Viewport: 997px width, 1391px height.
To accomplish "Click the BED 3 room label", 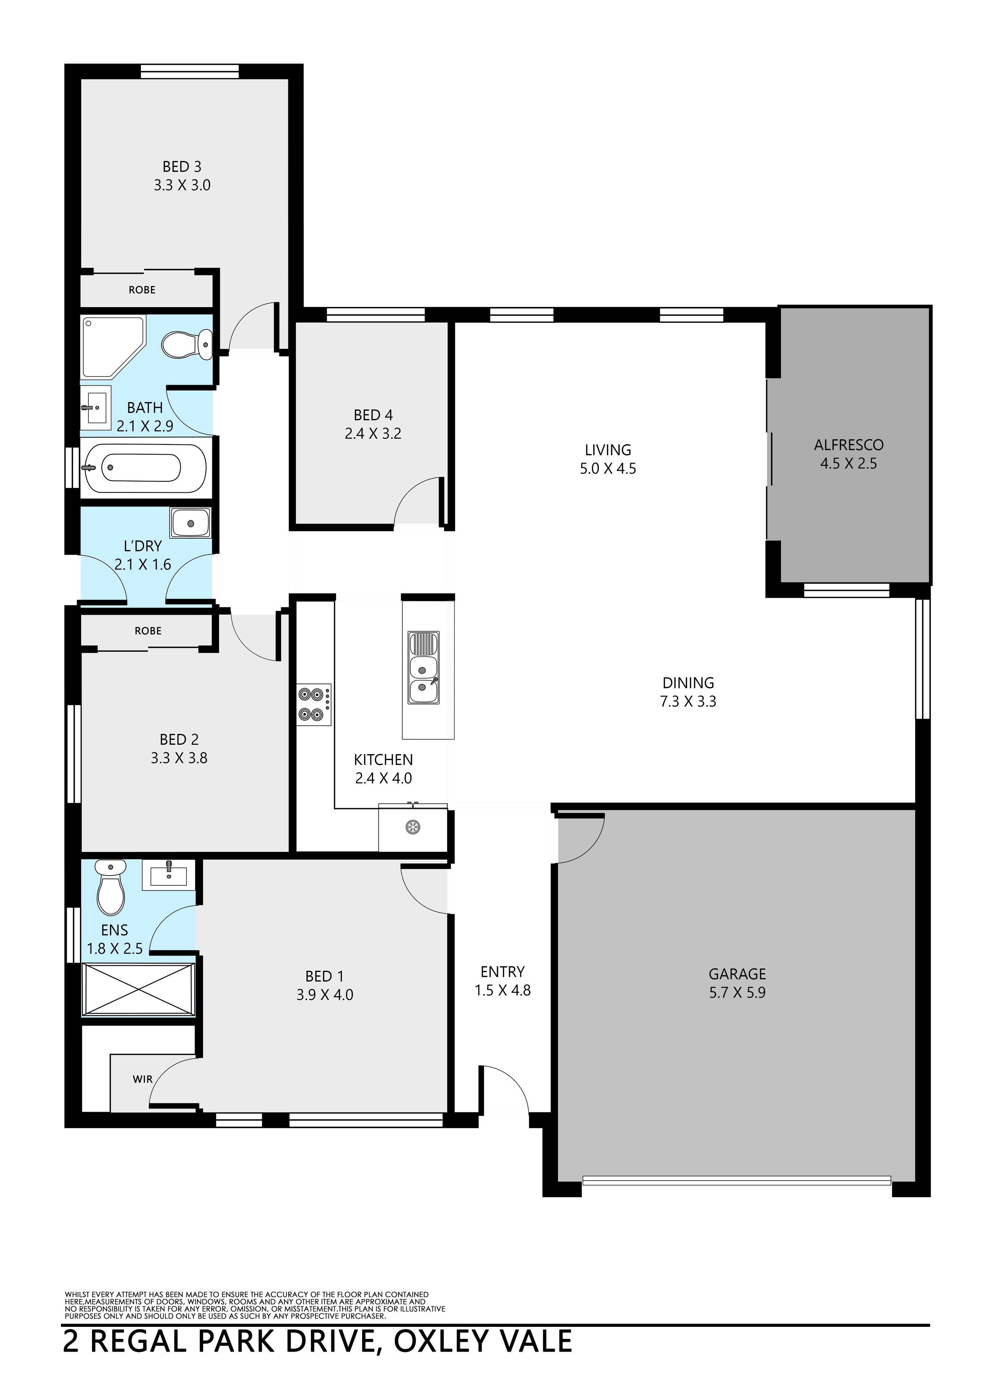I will [181, 166].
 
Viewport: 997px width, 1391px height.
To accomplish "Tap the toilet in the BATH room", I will [187, 345].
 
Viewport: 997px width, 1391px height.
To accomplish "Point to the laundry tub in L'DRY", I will [191, 523].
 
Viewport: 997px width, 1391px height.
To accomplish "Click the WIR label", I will [142, 1079].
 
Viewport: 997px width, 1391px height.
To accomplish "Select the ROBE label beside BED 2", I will [148, 631].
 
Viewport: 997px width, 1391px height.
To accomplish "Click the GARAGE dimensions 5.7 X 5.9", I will [737, 992].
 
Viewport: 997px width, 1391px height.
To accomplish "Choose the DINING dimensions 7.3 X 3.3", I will [688, 701].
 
